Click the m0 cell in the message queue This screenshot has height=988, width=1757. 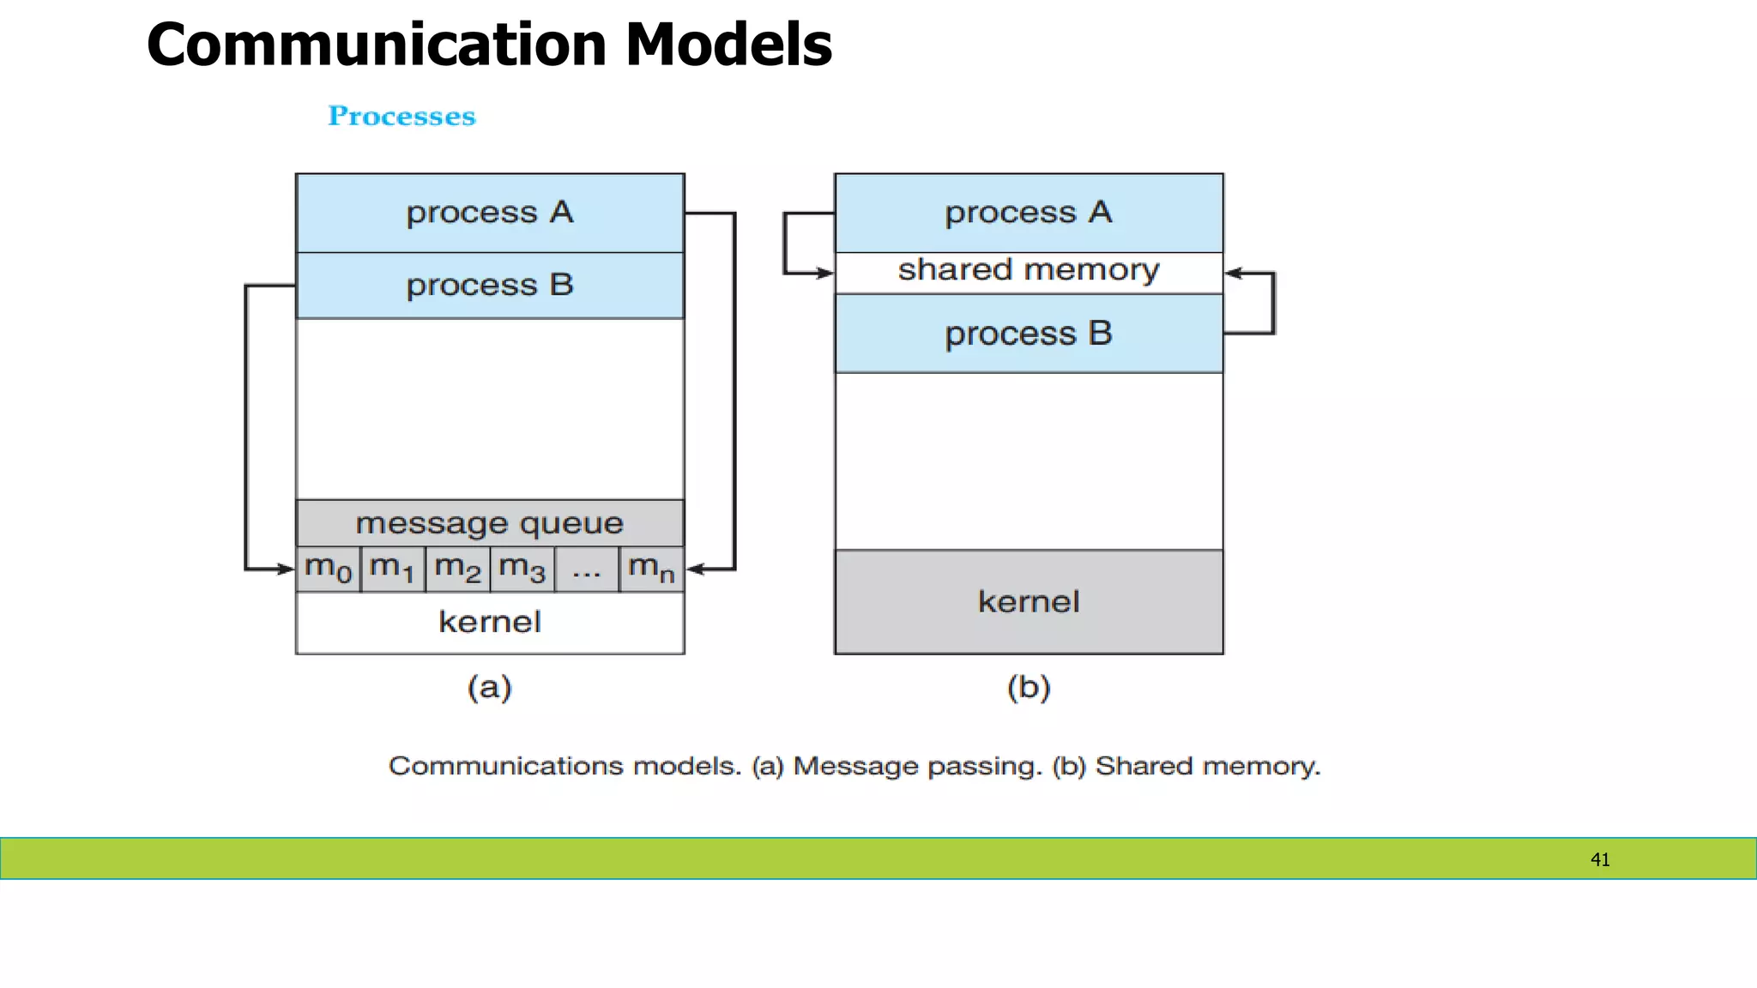pos(329,569)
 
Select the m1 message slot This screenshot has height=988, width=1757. pos(393,569)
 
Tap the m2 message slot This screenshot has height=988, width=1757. pos(457,569)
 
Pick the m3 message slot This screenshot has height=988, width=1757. pos(522,569)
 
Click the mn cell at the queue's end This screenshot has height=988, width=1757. pos(652,569)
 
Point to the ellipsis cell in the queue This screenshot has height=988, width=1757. pos(587,569)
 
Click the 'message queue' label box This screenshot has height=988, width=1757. pos(490,523)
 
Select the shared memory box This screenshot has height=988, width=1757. pos(1029,272)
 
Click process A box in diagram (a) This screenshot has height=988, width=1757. pos(490,213)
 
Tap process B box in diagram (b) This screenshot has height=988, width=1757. pos(1029,334)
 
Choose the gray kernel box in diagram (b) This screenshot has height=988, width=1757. pos(1029,602)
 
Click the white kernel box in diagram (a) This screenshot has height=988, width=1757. pos(490,623)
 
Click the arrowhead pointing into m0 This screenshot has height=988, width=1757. pos(286,569)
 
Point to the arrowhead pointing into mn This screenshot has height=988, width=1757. pos(696,569)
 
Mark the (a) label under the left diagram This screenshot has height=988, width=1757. pos(490,687)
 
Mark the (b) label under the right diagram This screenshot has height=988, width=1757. pos(1029,687)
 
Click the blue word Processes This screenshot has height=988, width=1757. pos(402,116)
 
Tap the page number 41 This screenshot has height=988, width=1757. pos(1600,859)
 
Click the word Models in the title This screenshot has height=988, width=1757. pos(728,45)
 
